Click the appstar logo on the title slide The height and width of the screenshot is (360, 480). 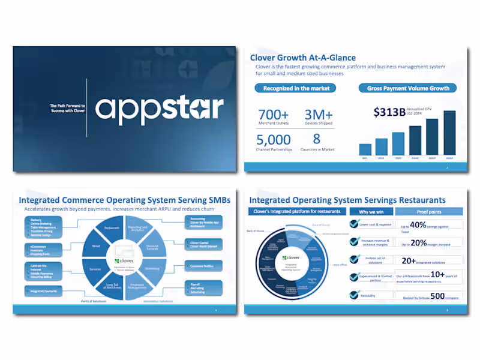(x=159, y=109)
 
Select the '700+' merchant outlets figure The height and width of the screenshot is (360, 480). (x=273, y=114)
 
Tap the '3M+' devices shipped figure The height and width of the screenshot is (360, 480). (x=319, y=114)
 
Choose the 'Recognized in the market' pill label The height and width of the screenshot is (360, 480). (x=294, y=88)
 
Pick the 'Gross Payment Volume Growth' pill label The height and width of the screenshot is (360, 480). (x=407, y=88)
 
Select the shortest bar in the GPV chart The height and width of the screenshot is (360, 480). (x=365, y=149)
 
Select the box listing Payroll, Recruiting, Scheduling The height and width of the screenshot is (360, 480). (x=203, y=287)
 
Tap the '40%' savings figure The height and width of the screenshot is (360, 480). (x=418, y=225)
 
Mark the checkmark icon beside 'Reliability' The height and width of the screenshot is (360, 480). (x=354, y=295)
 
